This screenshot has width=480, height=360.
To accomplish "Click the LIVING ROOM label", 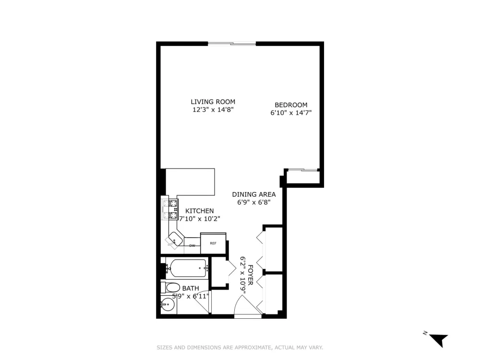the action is (213, 102).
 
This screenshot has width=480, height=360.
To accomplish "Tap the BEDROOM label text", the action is (291, 105).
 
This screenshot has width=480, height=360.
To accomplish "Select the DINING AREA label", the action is (254, 194).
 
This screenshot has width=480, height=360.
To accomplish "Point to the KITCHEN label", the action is (200, 211).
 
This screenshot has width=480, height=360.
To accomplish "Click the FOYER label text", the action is (251, 275).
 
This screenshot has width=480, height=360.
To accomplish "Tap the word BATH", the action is (191, 288).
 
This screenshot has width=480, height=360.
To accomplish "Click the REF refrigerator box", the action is (213, 243).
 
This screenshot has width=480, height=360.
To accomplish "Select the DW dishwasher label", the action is (192, 245).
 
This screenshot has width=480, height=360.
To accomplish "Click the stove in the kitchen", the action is (170, 209).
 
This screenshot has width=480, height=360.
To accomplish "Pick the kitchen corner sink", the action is (175, 239).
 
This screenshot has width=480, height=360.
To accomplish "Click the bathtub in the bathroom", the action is (188, 268).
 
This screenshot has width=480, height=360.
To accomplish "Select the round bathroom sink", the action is (168, 305).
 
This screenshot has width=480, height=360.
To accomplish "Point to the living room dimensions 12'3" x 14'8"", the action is (213, 109).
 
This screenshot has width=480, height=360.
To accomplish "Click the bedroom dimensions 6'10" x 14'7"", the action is (291, 113).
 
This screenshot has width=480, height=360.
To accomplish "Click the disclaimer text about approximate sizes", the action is (240, 348).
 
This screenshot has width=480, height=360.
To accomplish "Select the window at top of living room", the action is (232, 44).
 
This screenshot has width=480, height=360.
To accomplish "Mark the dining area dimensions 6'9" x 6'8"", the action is (254, 202).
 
